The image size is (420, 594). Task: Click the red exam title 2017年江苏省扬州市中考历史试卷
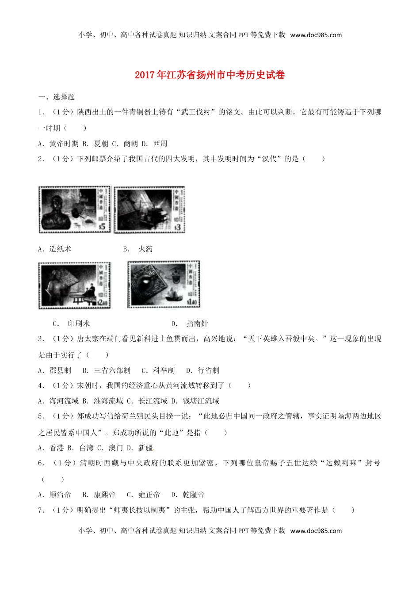[210, 75]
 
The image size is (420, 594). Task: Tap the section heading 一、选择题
[57, 97]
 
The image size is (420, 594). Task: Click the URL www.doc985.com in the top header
[316, 35]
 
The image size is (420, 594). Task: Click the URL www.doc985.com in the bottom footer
[316, 531]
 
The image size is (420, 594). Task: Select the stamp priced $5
[74, 209]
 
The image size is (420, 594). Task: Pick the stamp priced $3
[149, 209]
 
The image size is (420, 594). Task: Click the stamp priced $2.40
[74, 285]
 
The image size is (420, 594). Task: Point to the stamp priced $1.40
[164, 284]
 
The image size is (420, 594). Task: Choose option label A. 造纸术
[55, 249]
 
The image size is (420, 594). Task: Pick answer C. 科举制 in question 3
[158, 370]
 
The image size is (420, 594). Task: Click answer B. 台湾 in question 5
[80, 448]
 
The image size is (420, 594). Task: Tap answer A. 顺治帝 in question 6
[55, 495]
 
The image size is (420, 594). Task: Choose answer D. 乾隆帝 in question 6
[188, 495]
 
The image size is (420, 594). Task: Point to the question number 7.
[41, 510]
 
